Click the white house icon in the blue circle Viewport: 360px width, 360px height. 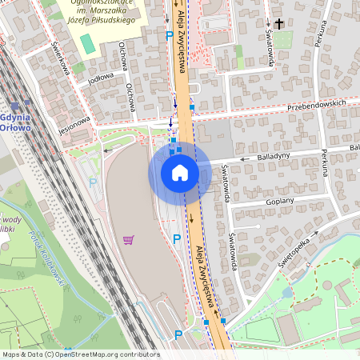179,173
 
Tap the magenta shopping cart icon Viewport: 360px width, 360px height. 128,239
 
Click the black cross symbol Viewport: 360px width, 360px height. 279,25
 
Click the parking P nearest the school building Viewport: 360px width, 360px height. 168,35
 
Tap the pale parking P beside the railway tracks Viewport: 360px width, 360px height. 92,182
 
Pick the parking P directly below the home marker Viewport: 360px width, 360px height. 177,238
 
